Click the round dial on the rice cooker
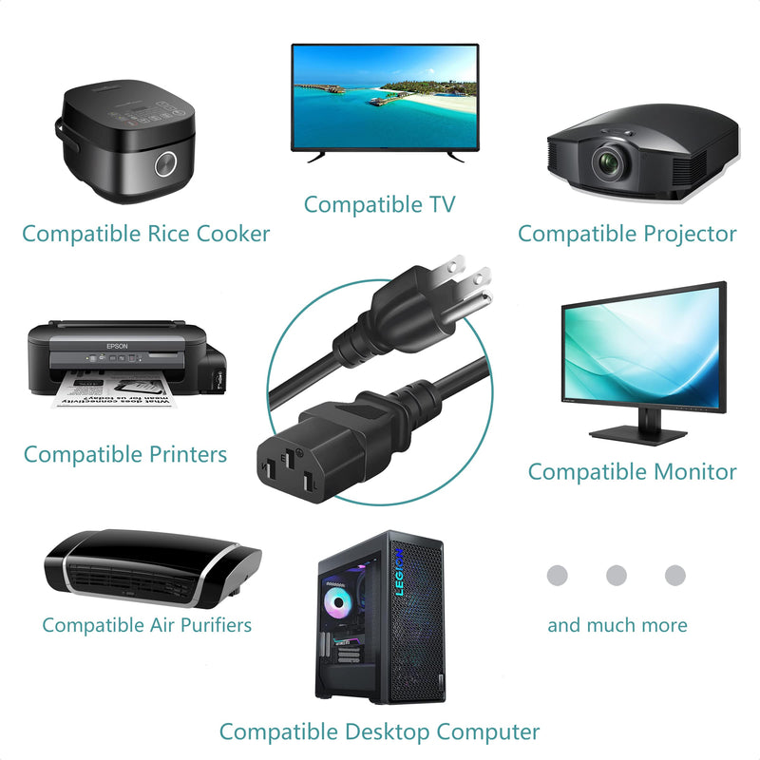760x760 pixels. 165,164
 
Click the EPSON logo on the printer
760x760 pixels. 117,346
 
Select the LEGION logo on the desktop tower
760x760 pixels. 399,572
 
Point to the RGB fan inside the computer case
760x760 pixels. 338,602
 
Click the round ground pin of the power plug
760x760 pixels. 477,302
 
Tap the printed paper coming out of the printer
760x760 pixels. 113,389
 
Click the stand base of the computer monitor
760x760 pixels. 637,433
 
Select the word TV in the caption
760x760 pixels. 442,204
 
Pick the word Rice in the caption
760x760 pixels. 168,234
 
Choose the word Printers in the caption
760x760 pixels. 187,455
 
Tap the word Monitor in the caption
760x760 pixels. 694,471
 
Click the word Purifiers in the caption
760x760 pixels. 216,625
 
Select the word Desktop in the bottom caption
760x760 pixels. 387,731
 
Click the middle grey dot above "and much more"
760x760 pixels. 616,576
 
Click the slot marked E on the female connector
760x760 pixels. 290,458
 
